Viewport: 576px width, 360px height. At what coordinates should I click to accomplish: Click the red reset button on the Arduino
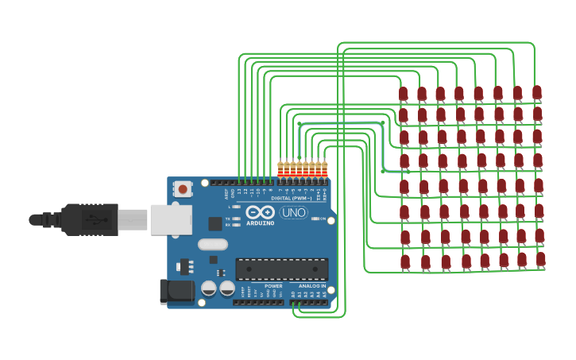point(183,189)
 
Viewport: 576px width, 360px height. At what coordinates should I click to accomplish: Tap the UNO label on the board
point(293,212)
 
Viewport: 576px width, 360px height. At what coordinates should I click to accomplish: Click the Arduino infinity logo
point(260,212)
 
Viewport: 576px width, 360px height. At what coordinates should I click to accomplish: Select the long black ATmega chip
point(281,269)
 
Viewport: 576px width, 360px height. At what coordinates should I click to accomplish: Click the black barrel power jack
point(176,291)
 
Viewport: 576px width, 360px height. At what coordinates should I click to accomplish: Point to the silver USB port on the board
point(171,219)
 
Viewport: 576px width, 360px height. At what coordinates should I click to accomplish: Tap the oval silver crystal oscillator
point(213,245)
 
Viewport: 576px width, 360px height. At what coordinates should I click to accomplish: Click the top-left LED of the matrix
point(403,95)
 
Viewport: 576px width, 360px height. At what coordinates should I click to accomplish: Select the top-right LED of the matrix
point(537,92)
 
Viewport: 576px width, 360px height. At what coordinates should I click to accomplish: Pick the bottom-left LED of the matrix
point(405,261)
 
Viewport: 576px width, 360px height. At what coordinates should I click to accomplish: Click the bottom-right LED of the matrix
point(541,259)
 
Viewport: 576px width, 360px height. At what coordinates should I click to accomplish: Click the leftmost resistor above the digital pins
point(280,168)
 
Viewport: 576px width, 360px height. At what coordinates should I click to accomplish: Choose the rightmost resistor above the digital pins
point(324,168)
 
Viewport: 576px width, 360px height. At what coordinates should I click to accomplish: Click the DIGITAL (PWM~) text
point(292,198)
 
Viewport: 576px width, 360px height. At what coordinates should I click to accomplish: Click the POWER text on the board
point(273,286)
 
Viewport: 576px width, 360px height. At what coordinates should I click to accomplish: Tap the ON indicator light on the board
point(315,219)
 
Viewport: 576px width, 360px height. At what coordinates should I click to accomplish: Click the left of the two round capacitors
point(209,288)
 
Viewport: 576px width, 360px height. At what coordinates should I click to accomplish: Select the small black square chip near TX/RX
point(215,224)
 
